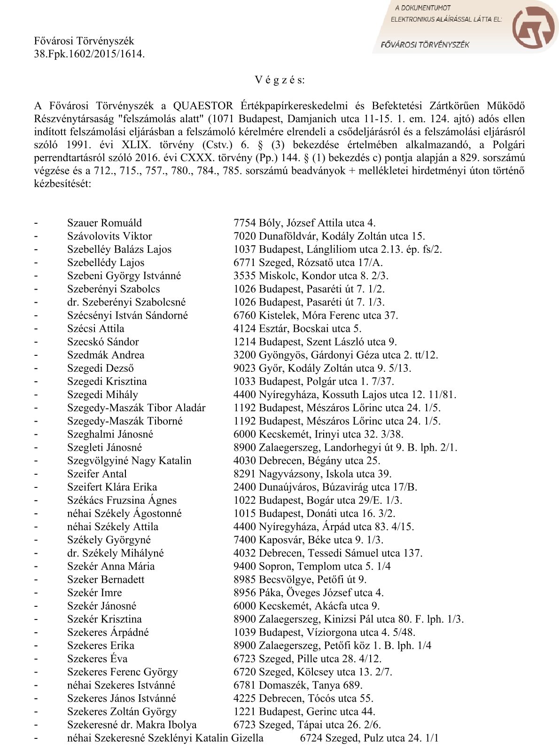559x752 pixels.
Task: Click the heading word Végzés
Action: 279,80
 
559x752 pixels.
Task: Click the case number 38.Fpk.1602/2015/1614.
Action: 89,54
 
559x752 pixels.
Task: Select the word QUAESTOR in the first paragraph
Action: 203,106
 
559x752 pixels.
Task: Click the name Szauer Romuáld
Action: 104,223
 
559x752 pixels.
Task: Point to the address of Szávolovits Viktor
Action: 329,236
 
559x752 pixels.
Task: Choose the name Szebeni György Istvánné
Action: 124,276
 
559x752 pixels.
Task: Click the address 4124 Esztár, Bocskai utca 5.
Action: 297,329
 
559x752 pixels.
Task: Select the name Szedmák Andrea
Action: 106,355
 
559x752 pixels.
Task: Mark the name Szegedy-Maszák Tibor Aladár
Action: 136,408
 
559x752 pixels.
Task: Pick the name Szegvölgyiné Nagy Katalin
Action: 129,461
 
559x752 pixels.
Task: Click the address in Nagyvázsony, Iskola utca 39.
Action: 312,474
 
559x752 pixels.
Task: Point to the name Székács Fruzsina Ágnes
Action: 122,500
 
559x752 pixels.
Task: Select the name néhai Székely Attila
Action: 113,526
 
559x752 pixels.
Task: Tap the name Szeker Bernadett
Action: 106,580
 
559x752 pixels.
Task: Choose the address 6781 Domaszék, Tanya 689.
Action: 298,685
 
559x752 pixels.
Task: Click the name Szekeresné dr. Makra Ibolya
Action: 132,725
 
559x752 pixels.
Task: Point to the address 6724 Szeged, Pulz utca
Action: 369,738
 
